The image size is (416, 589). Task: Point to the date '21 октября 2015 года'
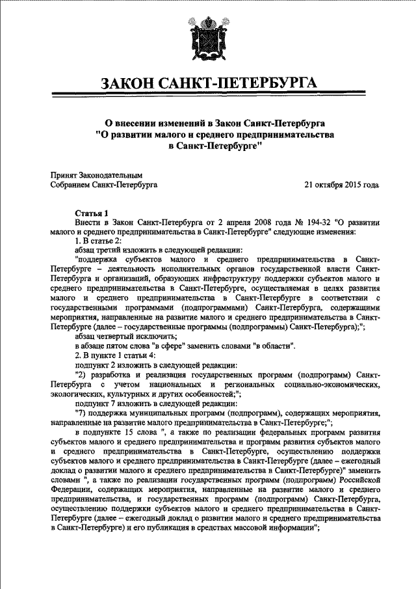tap(342, 185)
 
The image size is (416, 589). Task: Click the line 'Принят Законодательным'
tap(96, 175)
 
